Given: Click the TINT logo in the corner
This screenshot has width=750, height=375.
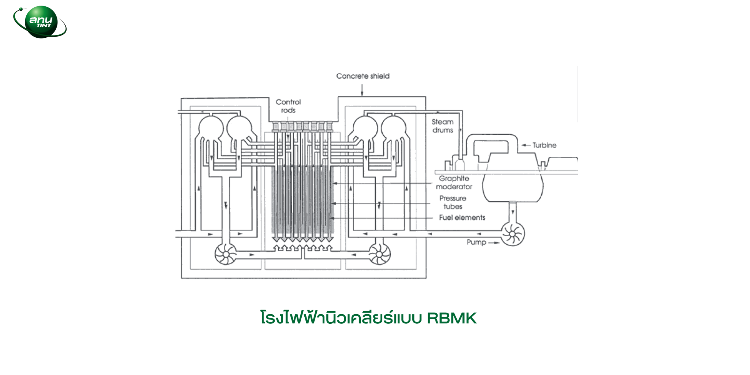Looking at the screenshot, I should point(40,22).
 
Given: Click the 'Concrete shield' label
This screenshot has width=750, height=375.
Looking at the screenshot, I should point(363,76).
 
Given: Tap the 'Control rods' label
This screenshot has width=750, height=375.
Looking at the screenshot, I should point(288,106).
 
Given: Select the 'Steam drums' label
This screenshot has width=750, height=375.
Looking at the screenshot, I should point(442,126).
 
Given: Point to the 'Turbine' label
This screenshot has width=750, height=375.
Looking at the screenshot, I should point(544,145).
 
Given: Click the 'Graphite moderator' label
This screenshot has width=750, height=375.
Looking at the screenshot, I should point(454,182).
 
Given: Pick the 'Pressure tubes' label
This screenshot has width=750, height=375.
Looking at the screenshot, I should point(453,202).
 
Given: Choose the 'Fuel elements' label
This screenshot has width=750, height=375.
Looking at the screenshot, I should point(462,218).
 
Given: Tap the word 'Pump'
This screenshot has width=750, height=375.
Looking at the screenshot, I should point(476,242).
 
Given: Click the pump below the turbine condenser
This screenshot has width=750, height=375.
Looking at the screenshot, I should point(513,234).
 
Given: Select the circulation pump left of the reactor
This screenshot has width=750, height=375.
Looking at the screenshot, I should point(226,253).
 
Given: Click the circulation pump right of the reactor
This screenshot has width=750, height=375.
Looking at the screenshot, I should point(379,253).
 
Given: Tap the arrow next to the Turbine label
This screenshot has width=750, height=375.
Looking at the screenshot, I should point(526,145).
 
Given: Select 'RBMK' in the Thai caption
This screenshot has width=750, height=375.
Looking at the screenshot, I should point(452,318).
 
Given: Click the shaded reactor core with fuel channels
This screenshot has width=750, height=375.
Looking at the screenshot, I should point(302,201).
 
